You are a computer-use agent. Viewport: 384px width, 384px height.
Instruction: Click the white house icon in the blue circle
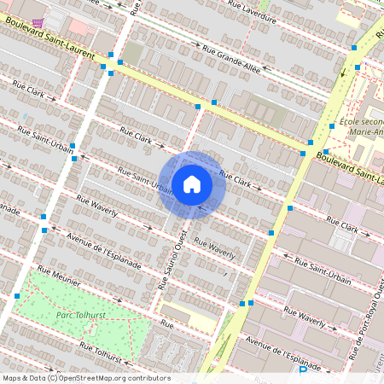[192, 184]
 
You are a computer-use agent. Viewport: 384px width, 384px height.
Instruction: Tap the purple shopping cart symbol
[37, 24]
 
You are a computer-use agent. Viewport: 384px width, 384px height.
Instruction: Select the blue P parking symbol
[302, 374]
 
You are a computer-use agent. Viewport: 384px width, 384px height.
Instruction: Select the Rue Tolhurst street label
[102, 352]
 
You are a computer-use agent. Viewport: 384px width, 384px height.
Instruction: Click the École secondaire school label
[361, 125]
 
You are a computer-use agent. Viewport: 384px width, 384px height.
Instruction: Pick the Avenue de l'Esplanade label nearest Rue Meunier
[104, 249]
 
